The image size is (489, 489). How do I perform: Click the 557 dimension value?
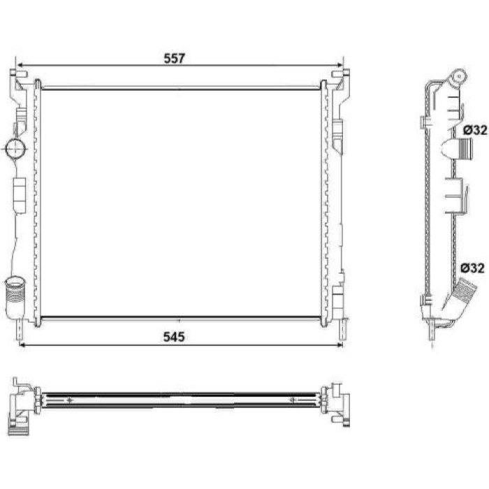click(x=175, y=58)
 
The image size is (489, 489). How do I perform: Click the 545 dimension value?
click(x=174, y=337)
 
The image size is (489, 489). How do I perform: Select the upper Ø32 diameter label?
click(x=474, y=130)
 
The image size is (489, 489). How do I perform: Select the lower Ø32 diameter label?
click(x=473, y=268)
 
